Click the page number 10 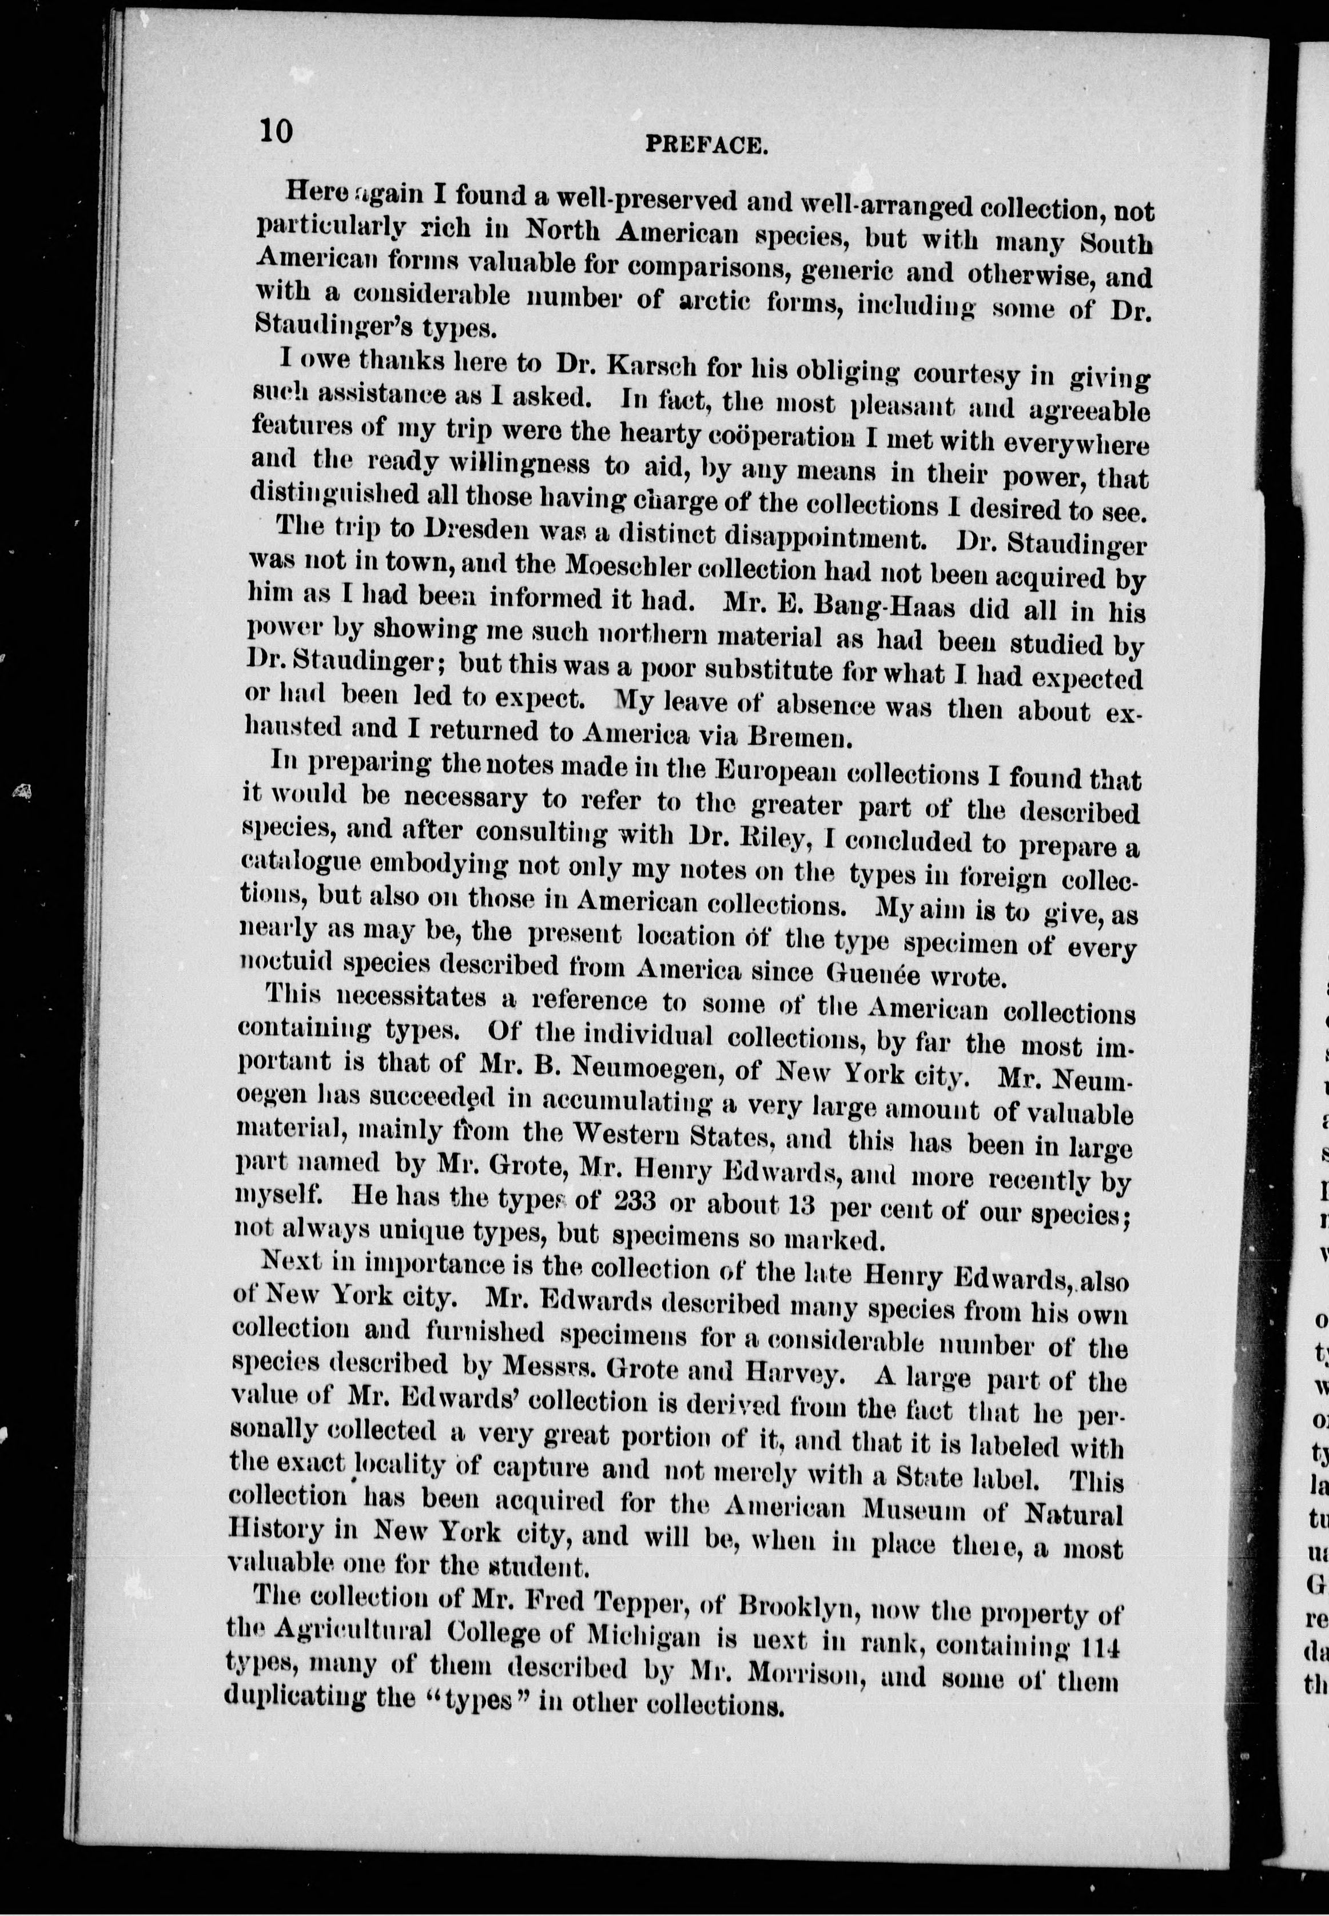[276, 131]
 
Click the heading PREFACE [706, 146]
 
